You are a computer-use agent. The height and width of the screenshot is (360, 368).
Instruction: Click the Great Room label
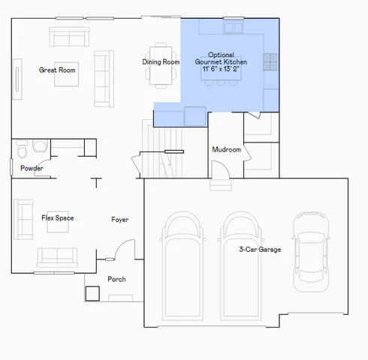(x=58, y=70)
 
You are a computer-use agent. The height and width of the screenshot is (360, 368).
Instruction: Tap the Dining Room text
(x=161, y=61)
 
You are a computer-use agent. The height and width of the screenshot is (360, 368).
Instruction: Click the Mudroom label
(x=226, y=150)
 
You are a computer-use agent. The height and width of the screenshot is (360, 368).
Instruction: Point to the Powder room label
(x=32, y=168)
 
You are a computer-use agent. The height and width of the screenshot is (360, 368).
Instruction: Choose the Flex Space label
(x=57, y=218)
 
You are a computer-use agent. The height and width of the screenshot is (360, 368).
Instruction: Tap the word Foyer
(x=119, y=220)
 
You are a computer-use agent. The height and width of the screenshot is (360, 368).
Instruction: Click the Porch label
(x=116, y=280)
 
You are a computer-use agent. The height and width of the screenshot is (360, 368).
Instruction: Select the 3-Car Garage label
(x=260, y=249)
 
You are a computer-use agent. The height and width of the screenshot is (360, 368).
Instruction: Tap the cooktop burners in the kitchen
(x=270, y=62)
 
